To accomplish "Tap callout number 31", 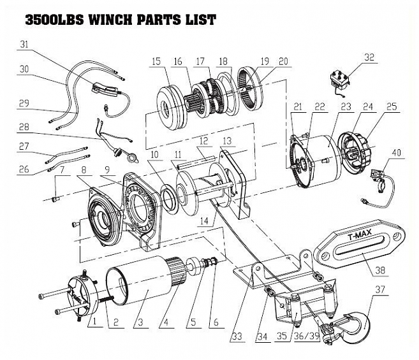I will coord(25,45).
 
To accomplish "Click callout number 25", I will coord(391,106).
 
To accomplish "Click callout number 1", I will coord(94,322).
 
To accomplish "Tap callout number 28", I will coord(24,126).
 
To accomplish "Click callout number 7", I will coord(62,171).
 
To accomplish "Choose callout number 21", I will coord(296,107).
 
